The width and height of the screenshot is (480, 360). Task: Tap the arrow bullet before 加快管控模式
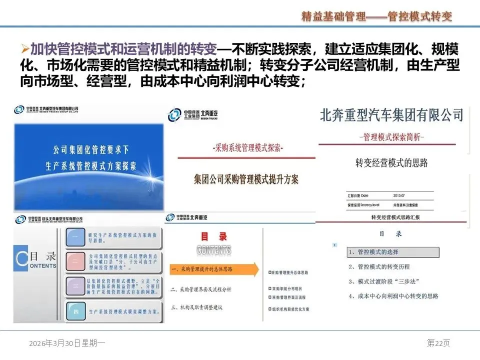(25, 49)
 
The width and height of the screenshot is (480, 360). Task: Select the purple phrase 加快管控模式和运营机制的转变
(123, 49)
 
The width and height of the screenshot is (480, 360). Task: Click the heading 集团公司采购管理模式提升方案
(246, 179)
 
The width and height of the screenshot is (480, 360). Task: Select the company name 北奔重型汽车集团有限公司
(391, 116)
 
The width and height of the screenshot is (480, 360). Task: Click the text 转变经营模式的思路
(391, 162)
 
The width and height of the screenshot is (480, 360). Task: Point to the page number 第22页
(438, 343)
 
